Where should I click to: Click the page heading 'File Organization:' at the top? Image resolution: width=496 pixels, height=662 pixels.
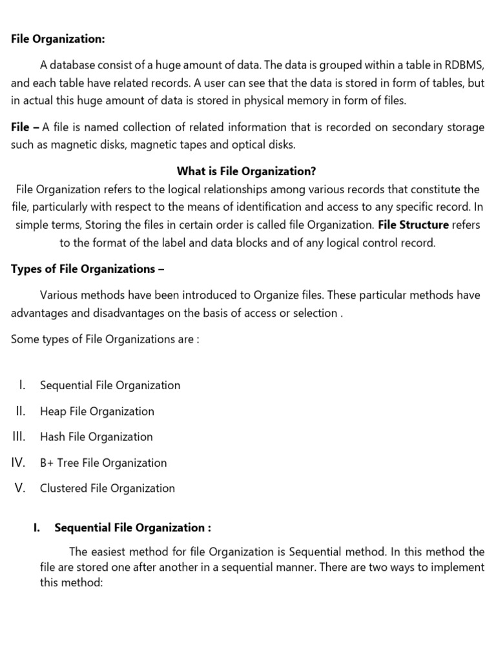pyautogui.click(x=57, y=39)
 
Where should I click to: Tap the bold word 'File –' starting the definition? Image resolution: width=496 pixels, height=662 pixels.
pyautogui.click(x=25, y=127)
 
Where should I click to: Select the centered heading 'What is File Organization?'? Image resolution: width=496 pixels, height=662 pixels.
pyautogui.click(x=246, y=172)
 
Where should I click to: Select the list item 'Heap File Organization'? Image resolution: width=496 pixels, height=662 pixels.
pyautogui.click(x=97, y=411)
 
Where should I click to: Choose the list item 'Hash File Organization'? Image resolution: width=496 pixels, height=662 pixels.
pyautogui.click(x=96, y=437)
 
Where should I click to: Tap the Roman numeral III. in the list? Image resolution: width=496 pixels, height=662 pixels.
pyautogui.click(x=19, y=437)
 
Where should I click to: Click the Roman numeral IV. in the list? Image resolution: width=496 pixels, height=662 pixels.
pyautogui.click(x=18, y=463)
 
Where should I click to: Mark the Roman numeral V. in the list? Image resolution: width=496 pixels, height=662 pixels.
pyautogui.click(x=19, y=488)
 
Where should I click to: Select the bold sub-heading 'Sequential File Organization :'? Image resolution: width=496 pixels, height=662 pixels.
pyautogui.click(x=133, y=528)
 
